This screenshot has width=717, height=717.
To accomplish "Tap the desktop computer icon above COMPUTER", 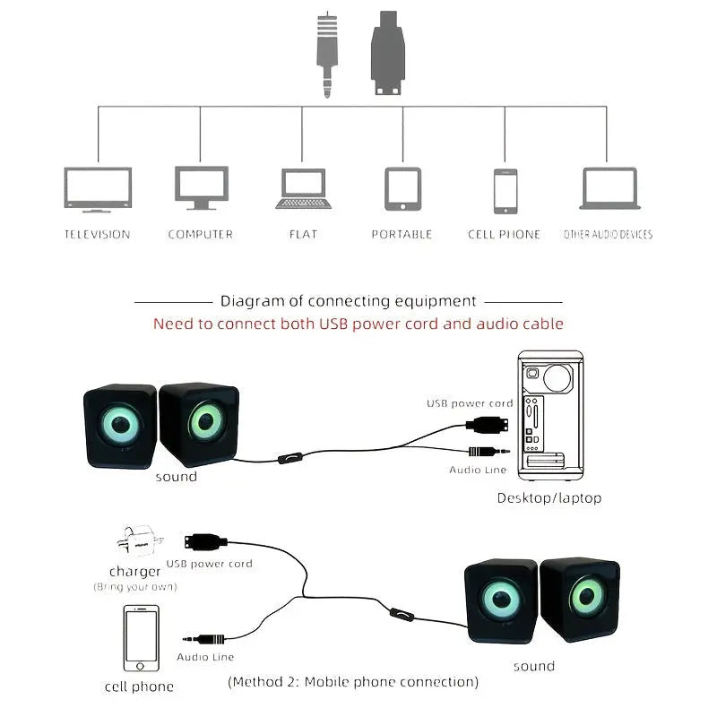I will [201, 188].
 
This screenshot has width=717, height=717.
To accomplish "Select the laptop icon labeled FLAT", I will [303, 189].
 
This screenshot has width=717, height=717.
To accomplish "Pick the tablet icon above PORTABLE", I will [402, 189].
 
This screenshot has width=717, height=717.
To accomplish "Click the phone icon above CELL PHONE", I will [505, 191].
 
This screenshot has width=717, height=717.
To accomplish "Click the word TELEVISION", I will [98, 235].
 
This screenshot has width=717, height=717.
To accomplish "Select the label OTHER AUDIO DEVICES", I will [608, 235].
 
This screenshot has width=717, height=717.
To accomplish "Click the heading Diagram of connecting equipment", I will [349, 302].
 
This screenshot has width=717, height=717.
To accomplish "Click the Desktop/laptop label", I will [549, 497].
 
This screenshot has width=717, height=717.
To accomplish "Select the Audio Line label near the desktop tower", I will [478, 470].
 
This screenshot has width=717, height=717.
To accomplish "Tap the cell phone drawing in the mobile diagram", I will [141, 639].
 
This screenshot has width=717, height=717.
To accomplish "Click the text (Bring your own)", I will [135, 587].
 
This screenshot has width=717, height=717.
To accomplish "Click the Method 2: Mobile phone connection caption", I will [353, 682].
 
